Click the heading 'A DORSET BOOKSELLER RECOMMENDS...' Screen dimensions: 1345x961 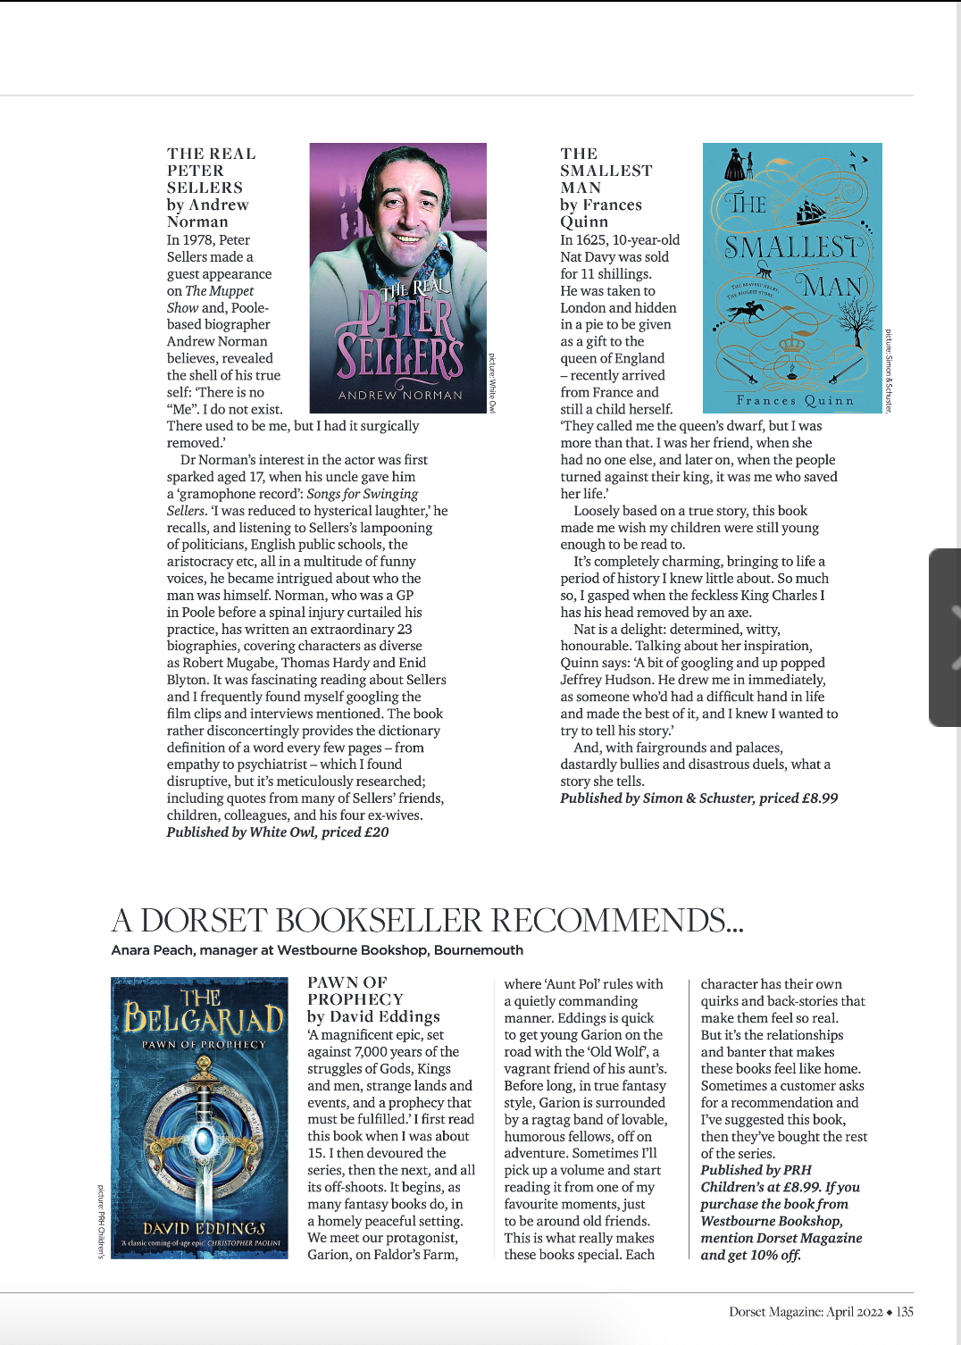[x=427, y=920]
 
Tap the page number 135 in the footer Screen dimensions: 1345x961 [x=905, y=1312]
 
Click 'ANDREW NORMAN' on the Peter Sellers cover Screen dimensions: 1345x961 [x=400, y=395]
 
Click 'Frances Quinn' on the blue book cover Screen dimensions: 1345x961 [x=794, y=401]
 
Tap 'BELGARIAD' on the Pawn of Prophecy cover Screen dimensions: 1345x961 [x=204, y=1017]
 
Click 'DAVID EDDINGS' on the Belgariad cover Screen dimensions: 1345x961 [x=205, y=1228]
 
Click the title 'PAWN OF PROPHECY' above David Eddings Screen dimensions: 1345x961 [x=355, y=990]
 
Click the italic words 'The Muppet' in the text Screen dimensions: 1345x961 [x=219, y=291]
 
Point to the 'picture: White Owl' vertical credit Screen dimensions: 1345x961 [x=491, y=382]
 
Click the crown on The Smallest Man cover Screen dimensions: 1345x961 [x=791, y=344]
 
